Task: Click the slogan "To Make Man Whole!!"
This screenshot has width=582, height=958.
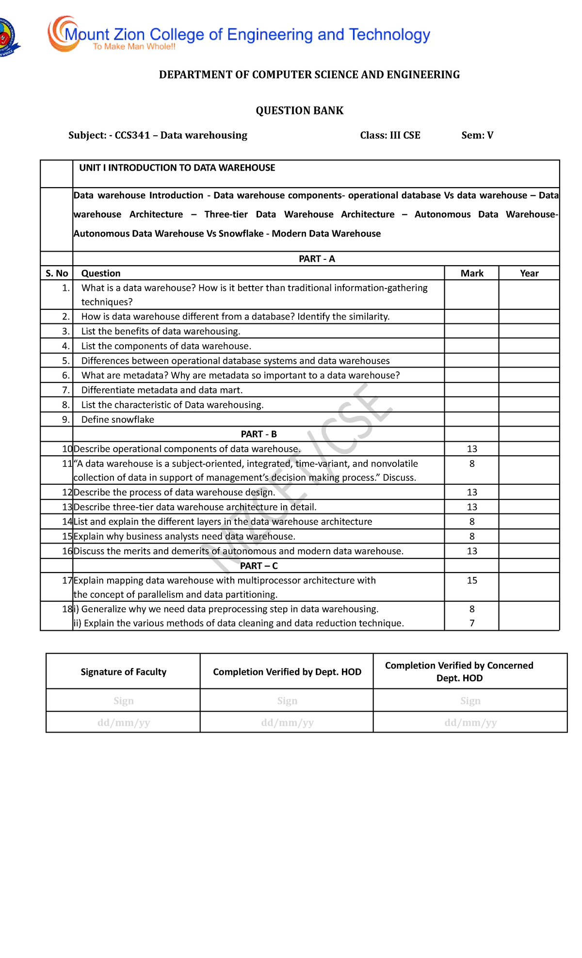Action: tap(134, 47)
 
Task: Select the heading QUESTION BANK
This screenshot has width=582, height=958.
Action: tap(299, 111)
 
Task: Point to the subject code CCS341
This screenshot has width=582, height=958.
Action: tap(132, 135)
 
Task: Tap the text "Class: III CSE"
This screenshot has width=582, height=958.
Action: tap(390, 135)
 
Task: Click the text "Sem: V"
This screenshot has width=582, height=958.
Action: tap(477, 135)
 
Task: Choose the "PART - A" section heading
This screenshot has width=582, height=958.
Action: tap(317, 259)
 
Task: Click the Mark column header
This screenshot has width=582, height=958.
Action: tap(472, 273)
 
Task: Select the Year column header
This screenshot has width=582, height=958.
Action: tap(529, 273)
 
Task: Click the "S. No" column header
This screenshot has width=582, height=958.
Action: tap(57, 273)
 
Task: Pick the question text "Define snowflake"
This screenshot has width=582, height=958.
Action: tap(118, 420)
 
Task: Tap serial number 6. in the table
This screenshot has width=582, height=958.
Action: tap(66, 376)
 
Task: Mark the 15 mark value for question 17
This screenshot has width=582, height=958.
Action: tap(472, 580)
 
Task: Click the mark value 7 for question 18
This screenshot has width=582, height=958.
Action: tap(472, 623)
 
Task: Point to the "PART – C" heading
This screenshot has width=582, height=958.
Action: tap(259, 566)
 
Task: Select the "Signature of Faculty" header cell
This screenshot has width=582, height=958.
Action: tap(123, 672)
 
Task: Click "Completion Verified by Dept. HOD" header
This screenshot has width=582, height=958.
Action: tap(287, 672)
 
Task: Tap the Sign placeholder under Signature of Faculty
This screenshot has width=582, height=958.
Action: tap(123, 701)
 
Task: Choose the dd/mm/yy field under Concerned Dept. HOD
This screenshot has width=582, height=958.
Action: tap(470, 723)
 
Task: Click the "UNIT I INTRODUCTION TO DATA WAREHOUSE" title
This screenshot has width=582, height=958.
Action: tap(177, 168)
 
